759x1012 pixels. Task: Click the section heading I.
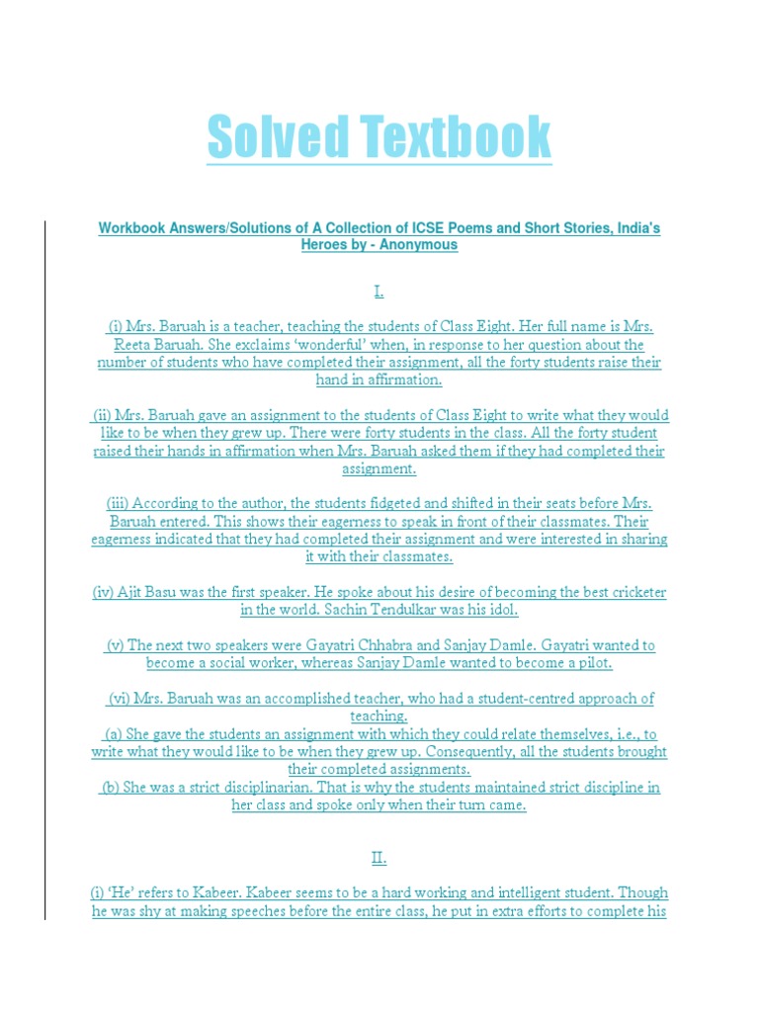pos(379,291)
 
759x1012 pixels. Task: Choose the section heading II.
pos(379,858)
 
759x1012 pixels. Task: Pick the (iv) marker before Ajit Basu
pos(104,592)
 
